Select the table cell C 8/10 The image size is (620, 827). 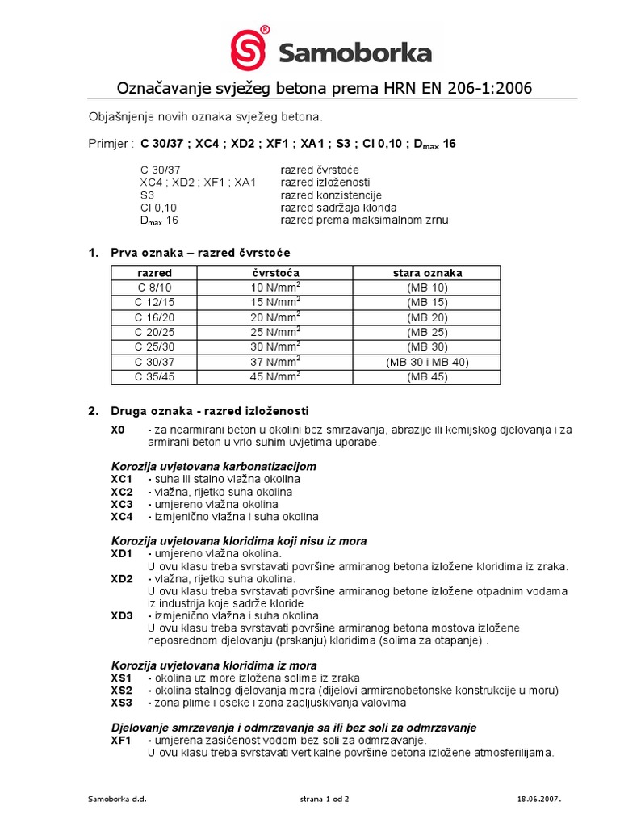coord(154,287)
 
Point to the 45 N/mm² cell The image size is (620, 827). coord(276,376)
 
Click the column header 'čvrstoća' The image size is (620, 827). coord(276,273)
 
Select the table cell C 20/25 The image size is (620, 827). coord(154,332)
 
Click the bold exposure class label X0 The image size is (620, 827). coord(118,430)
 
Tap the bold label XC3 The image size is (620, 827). coord(121,504)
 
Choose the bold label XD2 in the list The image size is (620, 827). coord(121,579)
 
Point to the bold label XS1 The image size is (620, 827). coord(121,678)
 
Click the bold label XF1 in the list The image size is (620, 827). coord(121,740)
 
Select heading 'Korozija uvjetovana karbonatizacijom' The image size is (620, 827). coord(213,467)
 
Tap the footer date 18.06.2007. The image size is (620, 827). coord(538,799)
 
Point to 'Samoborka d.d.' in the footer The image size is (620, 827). coord(117,799)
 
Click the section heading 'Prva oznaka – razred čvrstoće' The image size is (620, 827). coord(200,253)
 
